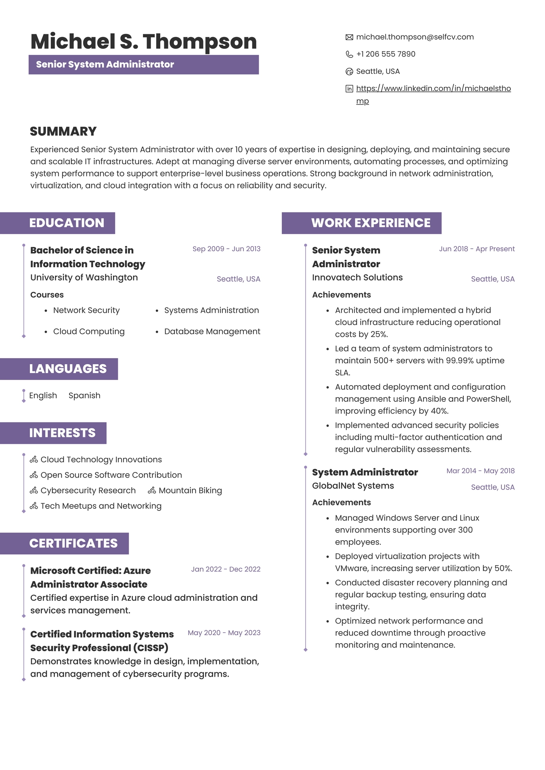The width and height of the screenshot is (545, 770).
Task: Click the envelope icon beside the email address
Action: tap(349, 37)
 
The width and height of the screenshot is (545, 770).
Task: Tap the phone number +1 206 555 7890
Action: tap(386, 54)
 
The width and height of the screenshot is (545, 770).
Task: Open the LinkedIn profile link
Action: tap(433, 88)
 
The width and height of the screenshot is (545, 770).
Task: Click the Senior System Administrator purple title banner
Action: tap(143, 65)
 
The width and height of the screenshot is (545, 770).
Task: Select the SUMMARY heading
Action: tap(63, 131)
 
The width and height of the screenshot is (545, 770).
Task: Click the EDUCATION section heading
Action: tap(67, 223)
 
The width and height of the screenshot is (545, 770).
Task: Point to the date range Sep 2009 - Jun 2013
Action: tap(226, 249)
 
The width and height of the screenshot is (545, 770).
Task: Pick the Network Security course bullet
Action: tap(86, 310)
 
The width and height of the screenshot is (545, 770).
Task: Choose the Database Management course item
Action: tap(212, 331)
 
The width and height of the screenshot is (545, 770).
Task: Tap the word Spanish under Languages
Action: tap(84, 395)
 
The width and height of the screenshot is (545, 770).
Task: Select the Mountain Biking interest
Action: tap(190, 491)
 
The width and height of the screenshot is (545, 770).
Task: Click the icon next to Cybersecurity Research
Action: tap(34, 491)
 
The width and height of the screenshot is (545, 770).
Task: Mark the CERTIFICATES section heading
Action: tap(73, 543)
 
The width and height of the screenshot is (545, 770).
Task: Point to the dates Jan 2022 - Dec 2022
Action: tap(226, 569)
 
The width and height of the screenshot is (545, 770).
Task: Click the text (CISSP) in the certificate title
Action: tap(150, 648)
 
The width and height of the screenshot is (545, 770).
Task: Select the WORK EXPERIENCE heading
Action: tap(371, 223)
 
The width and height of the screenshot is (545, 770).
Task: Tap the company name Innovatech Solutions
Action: tap(357, 277)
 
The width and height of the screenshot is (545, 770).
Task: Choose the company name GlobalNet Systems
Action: tap(353, 486)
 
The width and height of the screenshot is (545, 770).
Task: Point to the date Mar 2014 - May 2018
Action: tap(480, 471)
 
